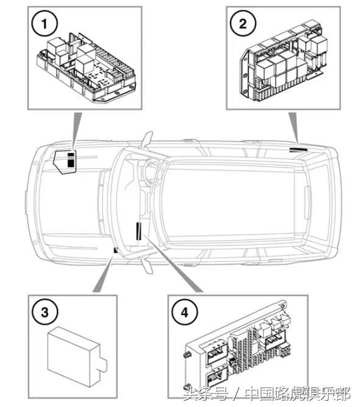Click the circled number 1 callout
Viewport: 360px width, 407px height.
click(x=44, y=24)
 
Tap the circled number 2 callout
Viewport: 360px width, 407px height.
click(x=243, y=24)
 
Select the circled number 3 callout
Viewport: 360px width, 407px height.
click(x=44, y=313)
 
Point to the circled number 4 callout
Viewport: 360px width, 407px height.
click(x=185, y=313)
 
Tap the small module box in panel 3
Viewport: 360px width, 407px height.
click(x=77, y=356)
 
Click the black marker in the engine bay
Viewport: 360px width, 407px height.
click(x=71, y=160)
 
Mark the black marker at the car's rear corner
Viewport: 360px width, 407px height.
click(x=298, y=150)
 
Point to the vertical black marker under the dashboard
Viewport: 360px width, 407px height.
click(x=138, y=231)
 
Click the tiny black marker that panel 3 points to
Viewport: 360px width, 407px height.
click(x=116, y=250)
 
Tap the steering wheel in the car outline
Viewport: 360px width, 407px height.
click(x=150, y=172)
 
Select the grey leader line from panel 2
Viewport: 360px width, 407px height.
click(x=295, y=129)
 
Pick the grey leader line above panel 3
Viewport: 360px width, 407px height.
click(x=103, y=275)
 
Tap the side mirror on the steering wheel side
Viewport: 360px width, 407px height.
click(x=147, y=138)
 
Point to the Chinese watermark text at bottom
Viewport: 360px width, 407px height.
click(x=267, y=394)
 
